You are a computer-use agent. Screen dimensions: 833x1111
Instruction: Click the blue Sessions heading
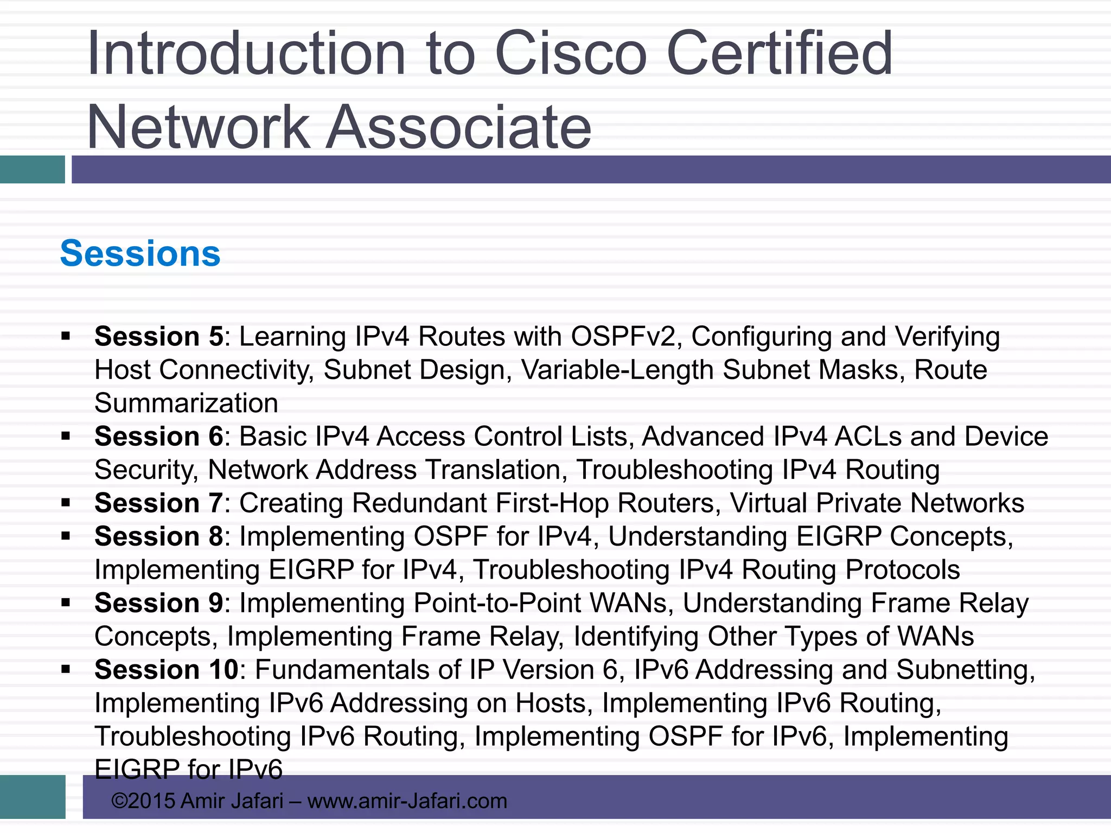click(140, 253)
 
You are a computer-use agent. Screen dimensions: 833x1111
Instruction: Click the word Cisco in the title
click(571, 53)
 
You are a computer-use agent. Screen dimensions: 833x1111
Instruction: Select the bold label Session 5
click(158, 336)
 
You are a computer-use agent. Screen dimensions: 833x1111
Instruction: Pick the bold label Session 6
click(158, 436)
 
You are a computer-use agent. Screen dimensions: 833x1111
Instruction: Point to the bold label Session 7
click(158, 503)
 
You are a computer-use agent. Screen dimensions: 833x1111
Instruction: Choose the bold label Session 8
click(158, 536)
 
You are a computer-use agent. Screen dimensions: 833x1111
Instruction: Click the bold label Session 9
click(158, 603)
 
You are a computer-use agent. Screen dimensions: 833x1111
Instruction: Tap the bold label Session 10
click(166, 669)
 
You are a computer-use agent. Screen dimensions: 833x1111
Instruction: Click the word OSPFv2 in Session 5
click(623, 336)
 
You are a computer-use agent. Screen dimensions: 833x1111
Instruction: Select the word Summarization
click(186, 403)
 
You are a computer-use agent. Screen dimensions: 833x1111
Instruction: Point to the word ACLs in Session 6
click(869, 436)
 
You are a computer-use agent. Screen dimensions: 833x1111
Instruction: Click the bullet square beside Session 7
click(66, 503)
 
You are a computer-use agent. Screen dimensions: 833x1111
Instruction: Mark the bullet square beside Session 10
click(66, 669)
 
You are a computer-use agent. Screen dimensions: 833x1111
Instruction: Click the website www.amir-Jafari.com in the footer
click(407, 800)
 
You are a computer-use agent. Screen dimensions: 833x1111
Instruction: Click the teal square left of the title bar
click(32, 169)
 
